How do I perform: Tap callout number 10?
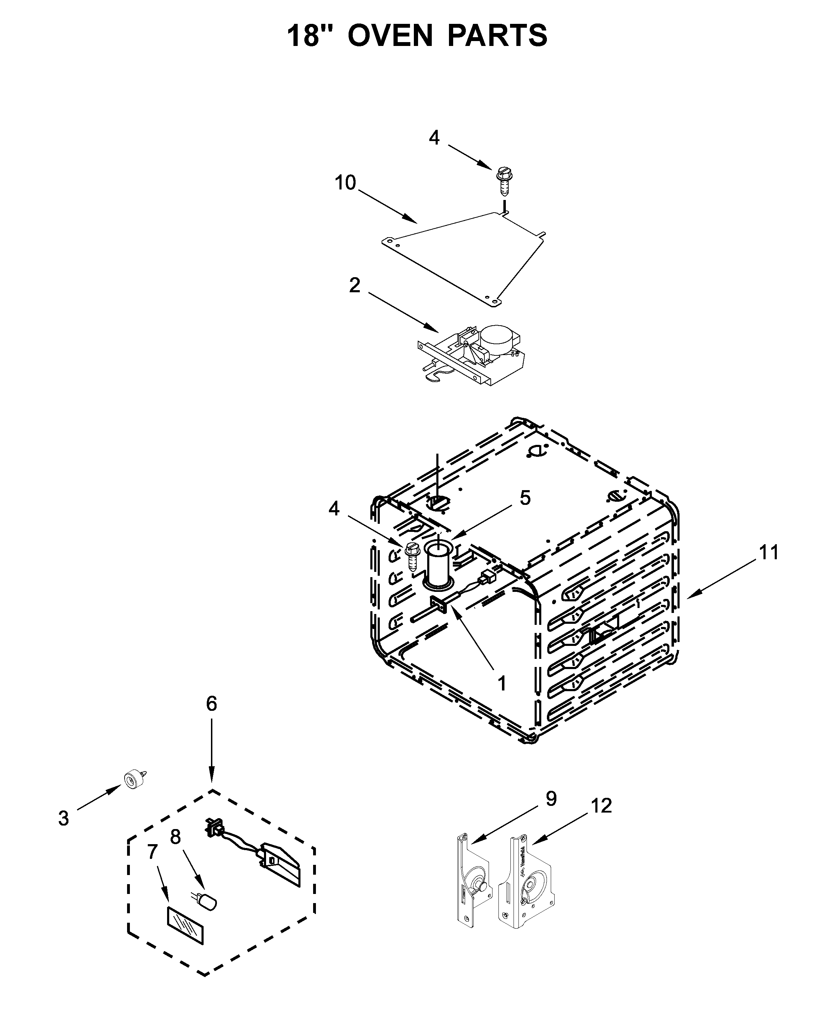[x=345, y=183]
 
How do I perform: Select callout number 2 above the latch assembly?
[x=355, y=286]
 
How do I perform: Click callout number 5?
[x=525, y=498]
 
